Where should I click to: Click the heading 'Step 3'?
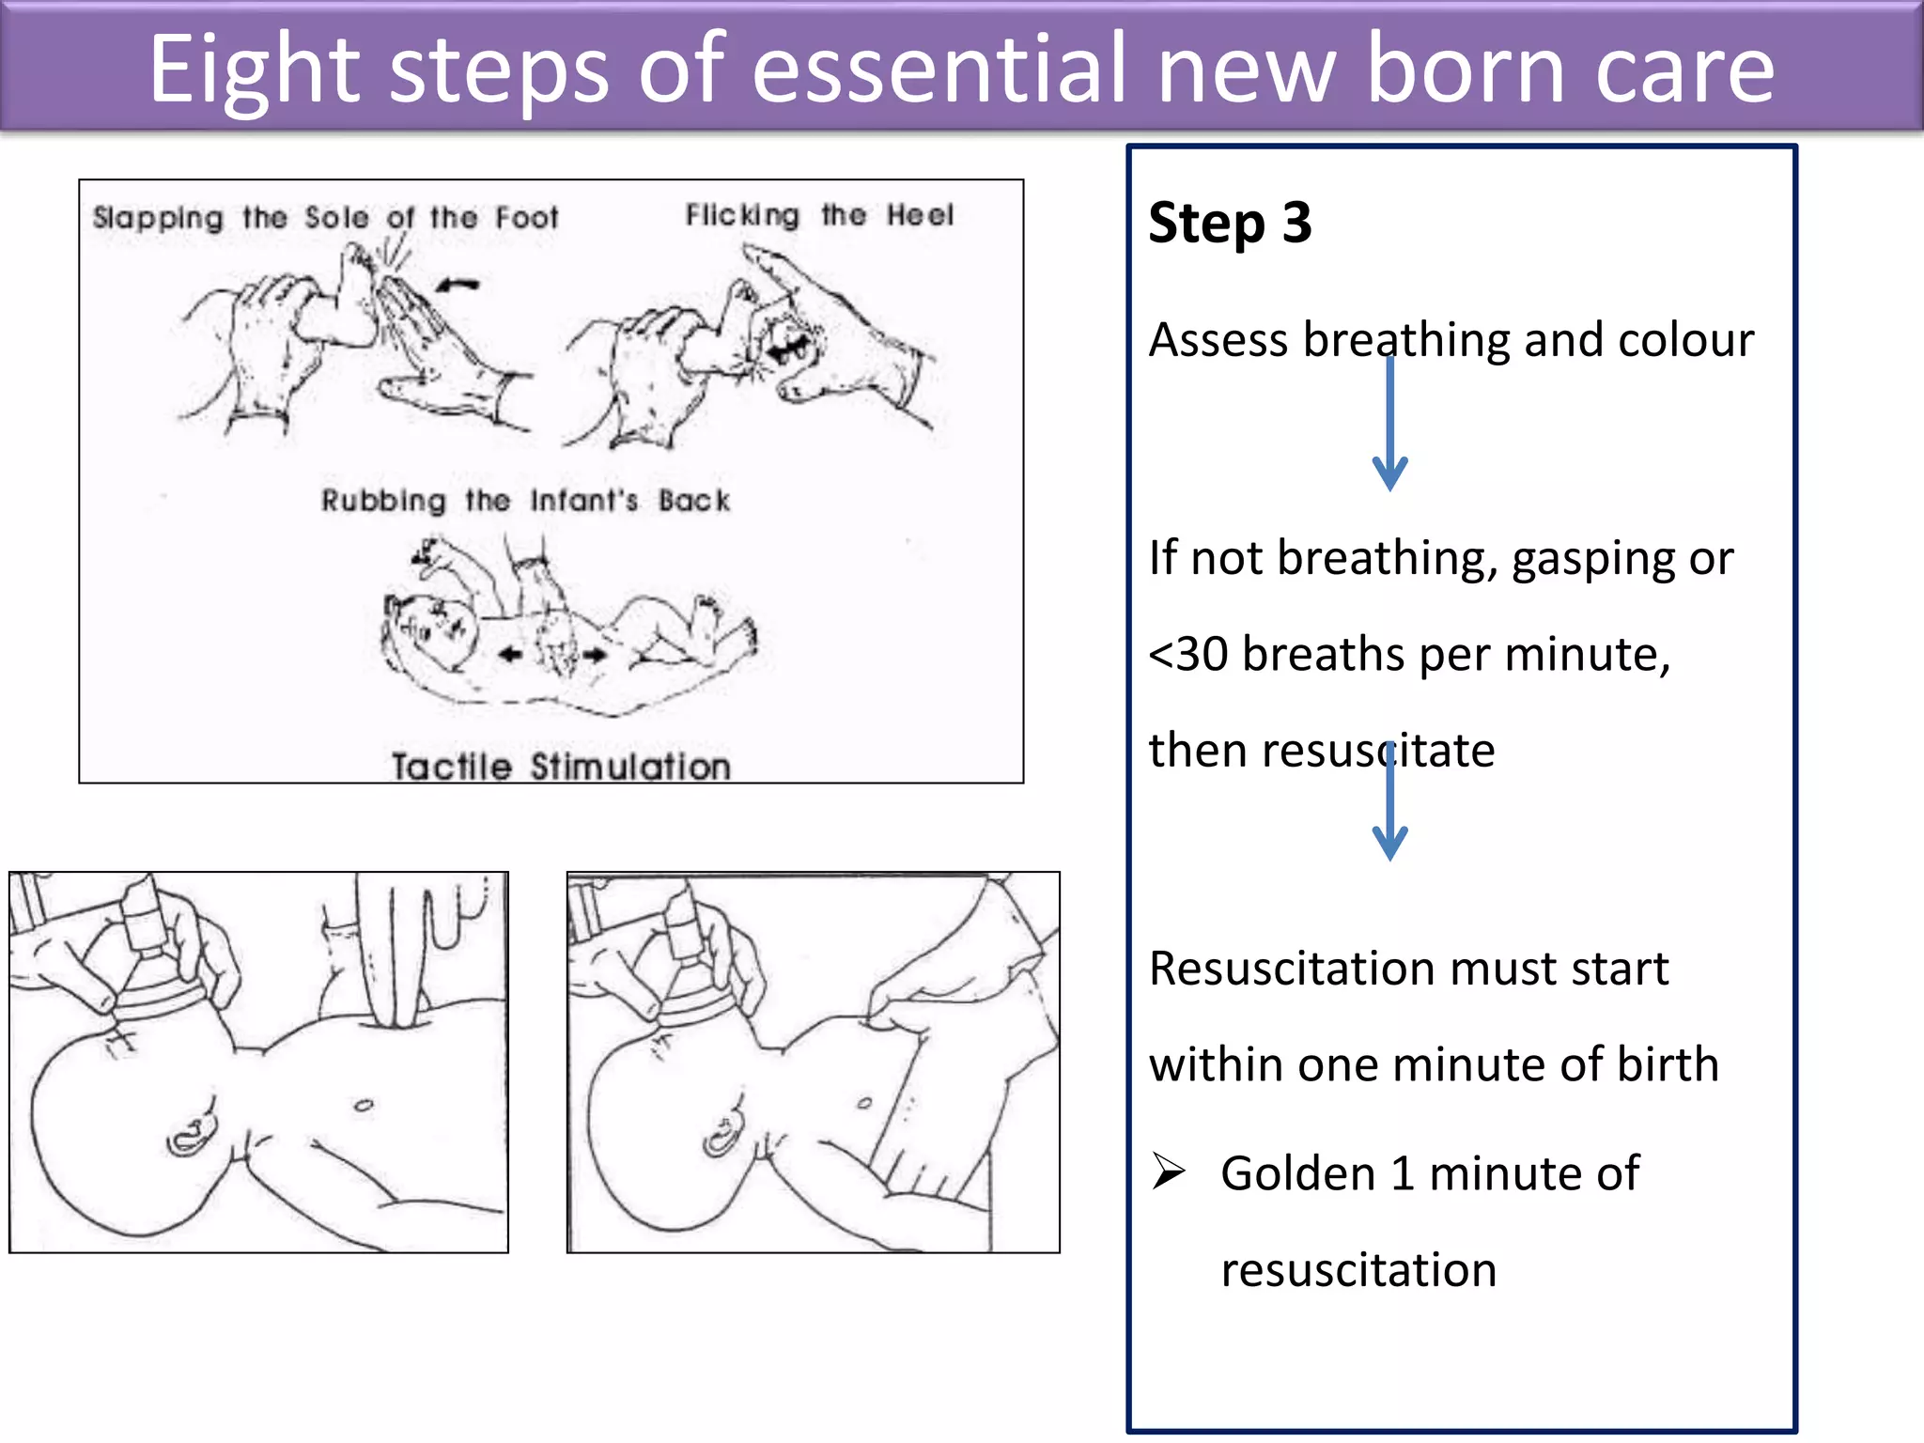pos(1229,224)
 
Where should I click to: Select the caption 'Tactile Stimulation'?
pos(561,767)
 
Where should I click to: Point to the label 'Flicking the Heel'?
pos(818,215)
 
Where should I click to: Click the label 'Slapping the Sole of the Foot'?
pos(325,218)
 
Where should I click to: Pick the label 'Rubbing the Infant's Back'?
pos(525,500)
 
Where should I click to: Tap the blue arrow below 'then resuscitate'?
pos(1389,803)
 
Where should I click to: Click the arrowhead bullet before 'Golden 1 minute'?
pos(1169,1171)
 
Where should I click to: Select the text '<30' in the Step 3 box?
pos(1188,654)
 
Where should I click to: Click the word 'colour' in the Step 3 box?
pos(1685,339)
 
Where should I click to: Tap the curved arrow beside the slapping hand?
pos(458,284)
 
